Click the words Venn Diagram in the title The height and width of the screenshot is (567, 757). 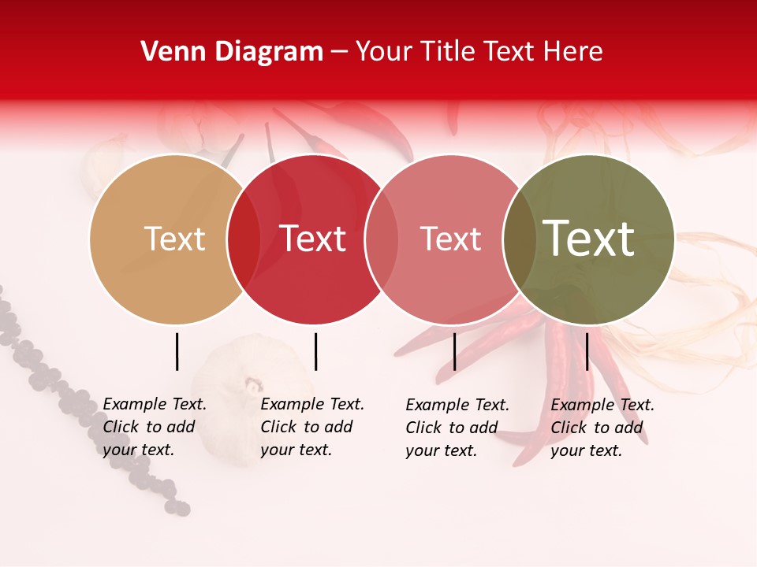[232, 52]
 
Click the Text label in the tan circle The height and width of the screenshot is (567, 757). [174, 239]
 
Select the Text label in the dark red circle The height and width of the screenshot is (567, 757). [312, 239]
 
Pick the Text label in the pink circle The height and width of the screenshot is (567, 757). [450, 239]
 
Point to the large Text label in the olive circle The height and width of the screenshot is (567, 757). [588, 239]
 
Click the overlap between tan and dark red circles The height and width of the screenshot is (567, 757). [244, 239]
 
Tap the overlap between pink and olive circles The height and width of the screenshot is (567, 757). [519, 239]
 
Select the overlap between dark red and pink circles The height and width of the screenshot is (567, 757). [382, 239]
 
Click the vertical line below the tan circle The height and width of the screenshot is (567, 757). [177, 351]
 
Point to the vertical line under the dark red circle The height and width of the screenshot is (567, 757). [315, 351]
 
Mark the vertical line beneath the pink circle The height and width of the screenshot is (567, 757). [454, 351]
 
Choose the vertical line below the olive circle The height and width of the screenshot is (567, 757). [587, 351]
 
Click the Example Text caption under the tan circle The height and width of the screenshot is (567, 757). [155, 427]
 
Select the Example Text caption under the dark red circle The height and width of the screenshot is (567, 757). [312, 427]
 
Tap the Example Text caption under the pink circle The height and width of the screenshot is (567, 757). [457, 428]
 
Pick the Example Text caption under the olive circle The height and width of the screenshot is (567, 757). [602, 428]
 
